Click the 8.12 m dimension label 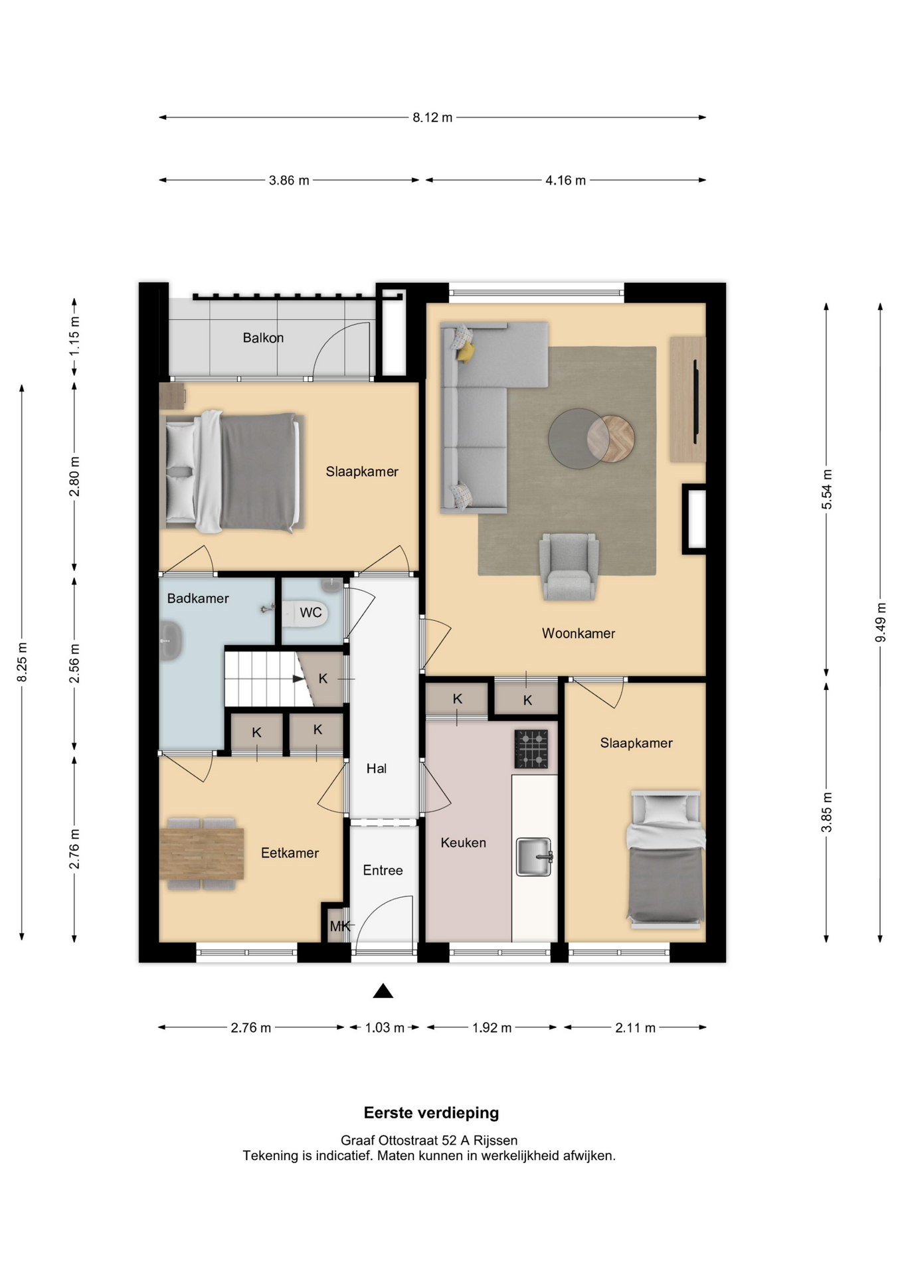click(x=432, y=118)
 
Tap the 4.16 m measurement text click(x=565, y=180)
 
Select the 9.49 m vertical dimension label click(x=881, y=622)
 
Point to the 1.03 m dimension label click(x=385, y=1027)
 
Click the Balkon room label click(x=263, y=337)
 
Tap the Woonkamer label click(x=579, y=634)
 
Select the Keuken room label click(x=464, y=843)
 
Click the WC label click(x=311, y=612)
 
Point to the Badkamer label click(x=198, y=598)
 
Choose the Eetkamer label click(x=290, y=853)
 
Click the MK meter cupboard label click(x=339, y=926)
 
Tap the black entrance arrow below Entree click(x=383, y=991)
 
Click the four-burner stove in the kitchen click(x=531, y=749)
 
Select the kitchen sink click(x=535, y=857)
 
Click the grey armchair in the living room click(x=569, y=566)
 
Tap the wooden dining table click(x=201, y=853)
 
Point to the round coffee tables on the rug click(x=591, y=438)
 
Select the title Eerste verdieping click(x=431, y=1112)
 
